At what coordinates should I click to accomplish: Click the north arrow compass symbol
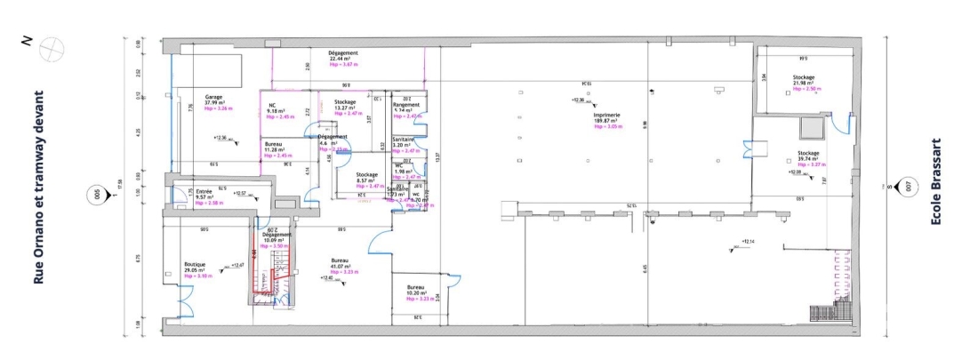point(52,47)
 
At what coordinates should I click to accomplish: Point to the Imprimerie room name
point(606,115)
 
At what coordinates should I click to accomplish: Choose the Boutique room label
point(195,264)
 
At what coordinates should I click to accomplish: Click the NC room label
point(272,104)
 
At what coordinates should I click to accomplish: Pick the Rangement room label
point(406,105)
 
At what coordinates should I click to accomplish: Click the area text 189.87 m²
point(606,121)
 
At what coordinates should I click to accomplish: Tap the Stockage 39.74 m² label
point(808,158)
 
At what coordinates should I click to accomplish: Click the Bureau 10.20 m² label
point(416,293)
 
